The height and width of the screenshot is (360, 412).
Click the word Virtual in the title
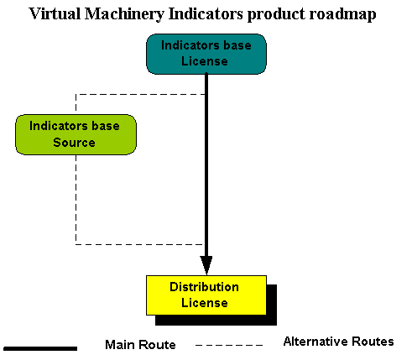[x=55, y=14]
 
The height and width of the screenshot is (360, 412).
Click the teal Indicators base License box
[x=206, y=54]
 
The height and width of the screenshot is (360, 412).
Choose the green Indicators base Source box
[x=76, y=134]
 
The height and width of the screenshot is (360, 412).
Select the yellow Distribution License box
[x=206, y=295]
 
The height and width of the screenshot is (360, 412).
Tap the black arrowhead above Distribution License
[x=206, y=265]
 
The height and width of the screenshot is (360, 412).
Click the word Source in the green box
[x=74, y=143]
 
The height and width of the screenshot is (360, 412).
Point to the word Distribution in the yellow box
[x=204, y=287]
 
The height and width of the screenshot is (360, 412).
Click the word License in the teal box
[x=205, y=61]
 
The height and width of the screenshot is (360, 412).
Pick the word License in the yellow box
[x=205, y=303]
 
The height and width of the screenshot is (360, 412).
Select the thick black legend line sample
[x=40, y=348]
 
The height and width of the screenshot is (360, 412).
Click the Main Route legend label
[x=140, y=345]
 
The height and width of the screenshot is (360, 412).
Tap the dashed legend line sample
[x=229, y=345]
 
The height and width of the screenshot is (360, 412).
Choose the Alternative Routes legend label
[x=338, y=342]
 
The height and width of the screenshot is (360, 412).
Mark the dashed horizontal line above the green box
[x=140, y=94]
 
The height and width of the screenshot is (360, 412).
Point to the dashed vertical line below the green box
[x=76, y=200]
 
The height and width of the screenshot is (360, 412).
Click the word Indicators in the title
[x=206, y=14]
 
